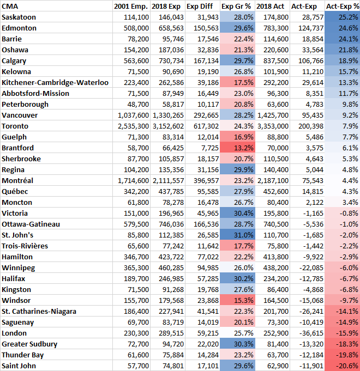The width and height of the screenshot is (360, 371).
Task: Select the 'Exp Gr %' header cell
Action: (237, 6)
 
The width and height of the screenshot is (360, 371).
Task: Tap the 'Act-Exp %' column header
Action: (341, 6)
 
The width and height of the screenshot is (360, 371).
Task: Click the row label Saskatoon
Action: (19, 17)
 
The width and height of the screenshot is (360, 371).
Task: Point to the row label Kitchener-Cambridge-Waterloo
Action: (55, 82)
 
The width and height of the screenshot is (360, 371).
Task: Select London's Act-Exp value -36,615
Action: (308, 333)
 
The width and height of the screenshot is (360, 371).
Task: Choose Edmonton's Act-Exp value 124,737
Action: (308, 28)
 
